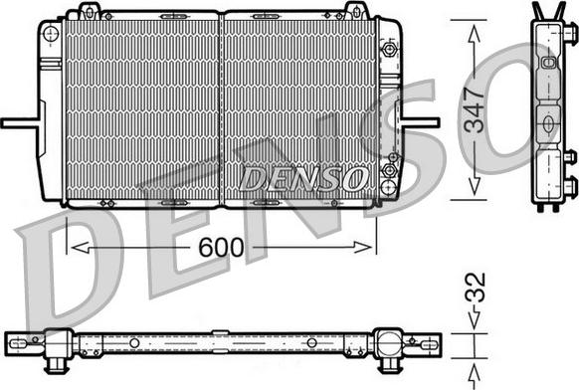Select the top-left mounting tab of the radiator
(88, 12)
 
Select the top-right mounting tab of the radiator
(353, 12)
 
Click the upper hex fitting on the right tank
(389, 48)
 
